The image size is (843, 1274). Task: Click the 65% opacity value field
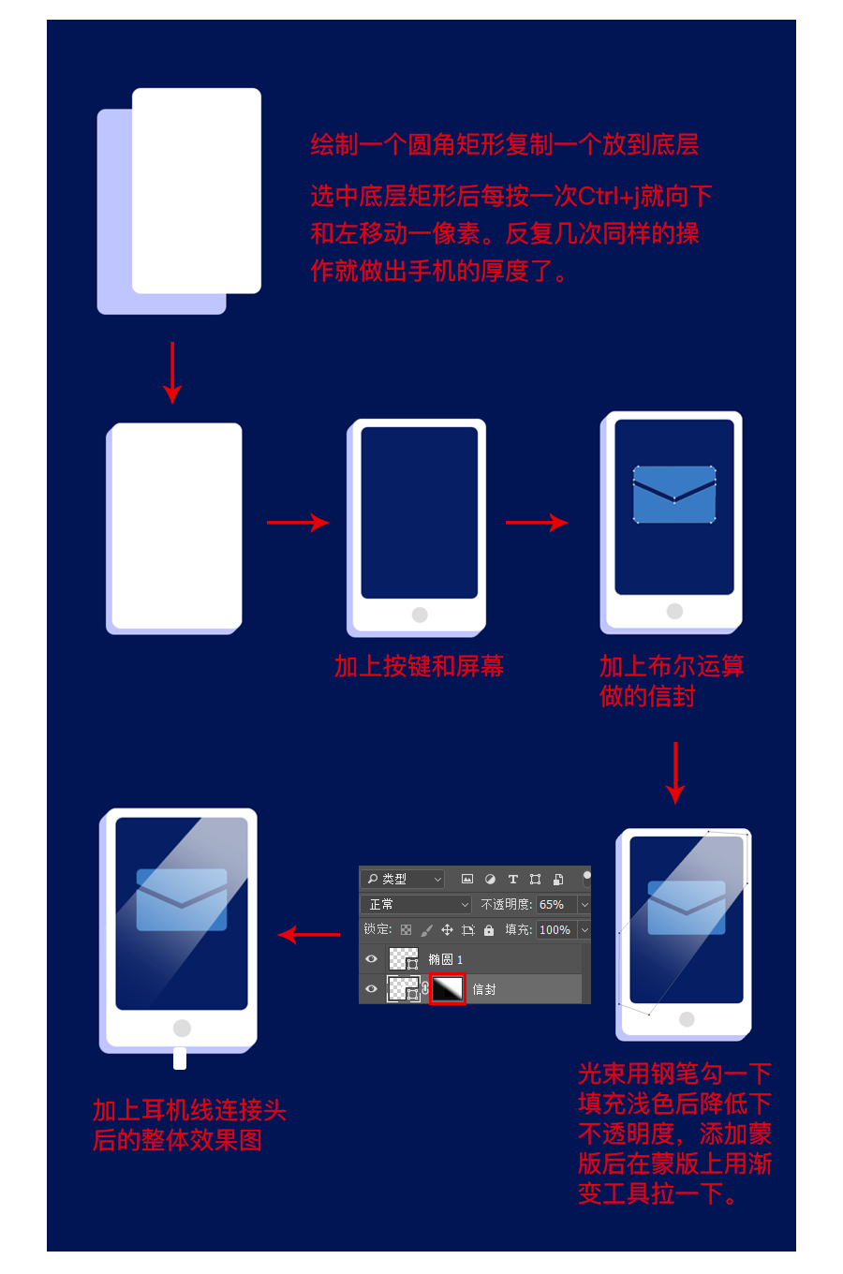555,905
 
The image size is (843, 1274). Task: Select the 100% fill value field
555,930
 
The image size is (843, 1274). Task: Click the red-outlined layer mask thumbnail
448,989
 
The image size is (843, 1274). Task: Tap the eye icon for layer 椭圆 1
372,959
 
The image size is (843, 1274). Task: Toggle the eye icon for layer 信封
372,989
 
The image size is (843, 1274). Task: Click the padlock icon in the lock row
489,930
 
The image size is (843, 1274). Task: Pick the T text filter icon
512,880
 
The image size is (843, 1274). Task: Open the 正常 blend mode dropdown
416,905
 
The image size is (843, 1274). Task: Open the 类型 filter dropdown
403,880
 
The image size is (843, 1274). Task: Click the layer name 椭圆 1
445,959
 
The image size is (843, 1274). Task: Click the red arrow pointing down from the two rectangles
172,373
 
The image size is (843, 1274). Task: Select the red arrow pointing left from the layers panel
309,934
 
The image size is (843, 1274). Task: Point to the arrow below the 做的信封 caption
674,773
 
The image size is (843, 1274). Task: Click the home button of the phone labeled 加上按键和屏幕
420,615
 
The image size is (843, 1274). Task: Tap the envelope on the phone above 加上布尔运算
674,495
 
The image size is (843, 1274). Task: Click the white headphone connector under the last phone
180,1059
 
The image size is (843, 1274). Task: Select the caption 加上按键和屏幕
419,666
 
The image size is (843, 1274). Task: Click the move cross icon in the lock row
447,930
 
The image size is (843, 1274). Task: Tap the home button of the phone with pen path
687,1019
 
